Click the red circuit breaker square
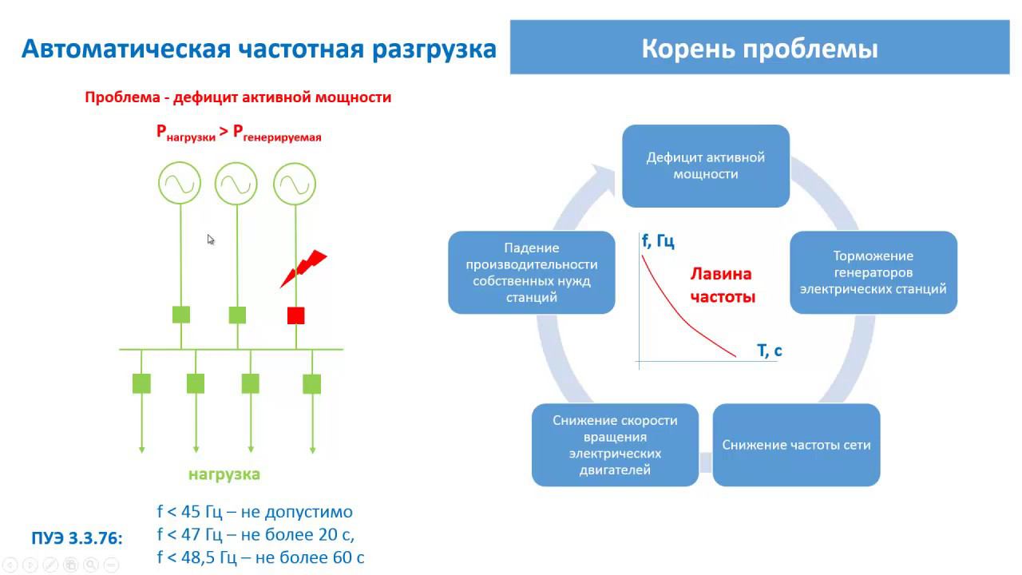295,315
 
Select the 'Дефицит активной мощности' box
706,166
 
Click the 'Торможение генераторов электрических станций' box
873,272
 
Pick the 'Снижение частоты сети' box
796,445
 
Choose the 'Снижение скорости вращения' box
615,445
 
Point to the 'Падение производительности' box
532,272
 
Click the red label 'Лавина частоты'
722,285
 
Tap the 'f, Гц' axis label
658,241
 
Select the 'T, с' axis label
769,350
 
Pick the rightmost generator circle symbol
295,184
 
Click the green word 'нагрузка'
224,474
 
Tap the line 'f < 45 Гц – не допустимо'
255,512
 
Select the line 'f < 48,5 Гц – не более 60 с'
261,557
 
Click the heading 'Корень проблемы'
759,49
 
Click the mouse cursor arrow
211,239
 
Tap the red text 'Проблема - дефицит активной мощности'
238,97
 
